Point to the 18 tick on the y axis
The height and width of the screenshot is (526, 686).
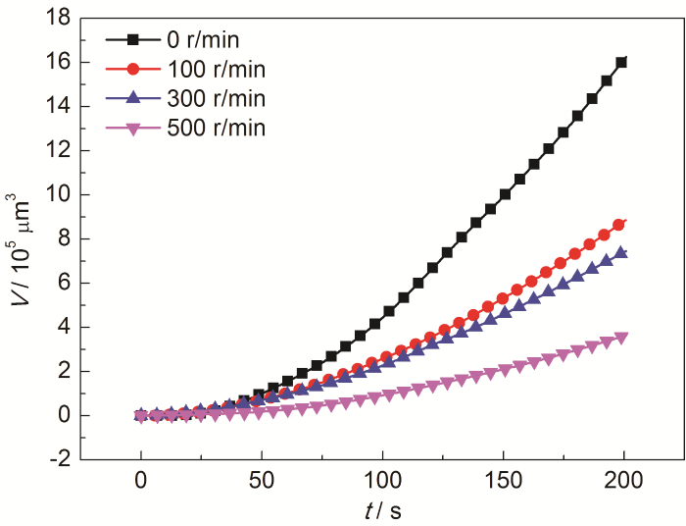click(57, 18)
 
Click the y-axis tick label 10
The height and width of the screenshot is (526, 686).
click(57, 194)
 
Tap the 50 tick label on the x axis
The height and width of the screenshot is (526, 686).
click(262, 481)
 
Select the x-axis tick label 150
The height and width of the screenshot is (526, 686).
click(504, 481)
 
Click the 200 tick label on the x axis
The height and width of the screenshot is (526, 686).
click(624, 481)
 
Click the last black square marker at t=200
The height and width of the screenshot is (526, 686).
click(621, 62)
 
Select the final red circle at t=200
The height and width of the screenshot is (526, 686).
click(619, 225)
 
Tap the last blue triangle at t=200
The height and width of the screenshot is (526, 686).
click(620, 253)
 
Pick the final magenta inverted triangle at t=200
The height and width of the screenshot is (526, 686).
click(621, 339)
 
